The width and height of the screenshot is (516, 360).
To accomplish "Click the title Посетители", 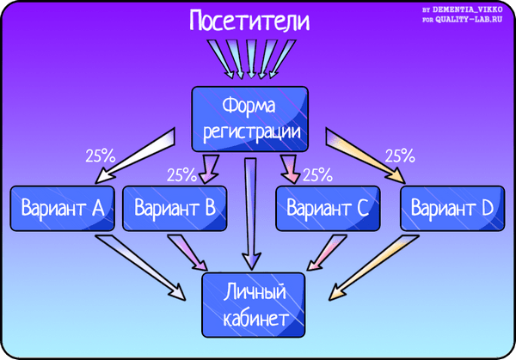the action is (249, 21).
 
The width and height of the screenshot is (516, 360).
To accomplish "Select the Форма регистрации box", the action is (249, 119).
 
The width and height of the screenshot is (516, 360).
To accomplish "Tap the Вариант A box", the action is (62, 209).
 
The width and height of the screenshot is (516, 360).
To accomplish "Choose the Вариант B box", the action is (175, 209).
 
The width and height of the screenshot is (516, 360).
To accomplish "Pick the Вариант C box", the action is (328, 209).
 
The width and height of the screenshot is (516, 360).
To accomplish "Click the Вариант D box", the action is (452, 209).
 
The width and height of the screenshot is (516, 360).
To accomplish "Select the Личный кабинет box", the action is (254, 305).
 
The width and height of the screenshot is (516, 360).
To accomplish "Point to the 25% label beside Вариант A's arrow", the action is (101, 156).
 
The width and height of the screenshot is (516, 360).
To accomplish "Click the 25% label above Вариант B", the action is (181, 175).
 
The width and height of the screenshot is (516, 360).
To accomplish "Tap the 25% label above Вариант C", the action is (317, 175).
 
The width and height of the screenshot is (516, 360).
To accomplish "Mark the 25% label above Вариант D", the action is (400, 156).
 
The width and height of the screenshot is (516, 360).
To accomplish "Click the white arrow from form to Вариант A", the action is (135, 156).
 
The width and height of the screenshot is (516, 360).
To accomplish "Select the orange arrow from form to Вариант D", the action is (365, 156).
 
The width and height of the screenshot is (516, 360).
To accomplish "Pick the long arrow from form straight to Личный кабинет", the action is (251, 214).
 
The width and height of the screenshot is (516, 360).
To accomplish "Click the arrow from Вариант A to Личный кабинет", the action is (140, 267).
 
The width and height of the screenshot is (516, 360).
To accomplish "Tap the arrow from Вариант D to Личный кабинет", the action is (374, 267).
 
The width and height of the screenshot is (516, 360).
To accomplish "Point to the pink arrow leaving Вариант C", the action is (327, 253).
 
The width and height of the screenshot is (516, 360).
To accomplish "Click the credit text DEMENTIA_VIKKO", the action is (467, 9).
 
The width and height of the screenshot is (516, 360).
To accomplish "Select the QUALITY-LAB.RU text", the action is (469, 20).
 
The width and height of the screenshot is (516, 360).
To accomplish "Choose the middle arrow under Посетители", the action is (251, 59).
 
